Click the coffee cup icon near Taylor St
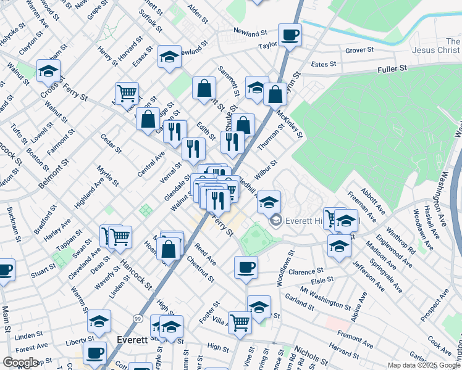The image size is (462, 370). pos(289,35)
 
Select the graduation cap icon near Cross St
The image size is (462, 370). pos(48,72)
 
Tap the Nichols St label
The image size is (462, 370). pos(311,354)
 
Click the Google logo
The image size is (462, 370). pos(20,363)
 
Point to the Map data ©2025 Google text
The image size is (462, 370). pos(423,365)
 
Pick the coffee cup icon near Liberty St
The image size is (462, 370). pos(95,353)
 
